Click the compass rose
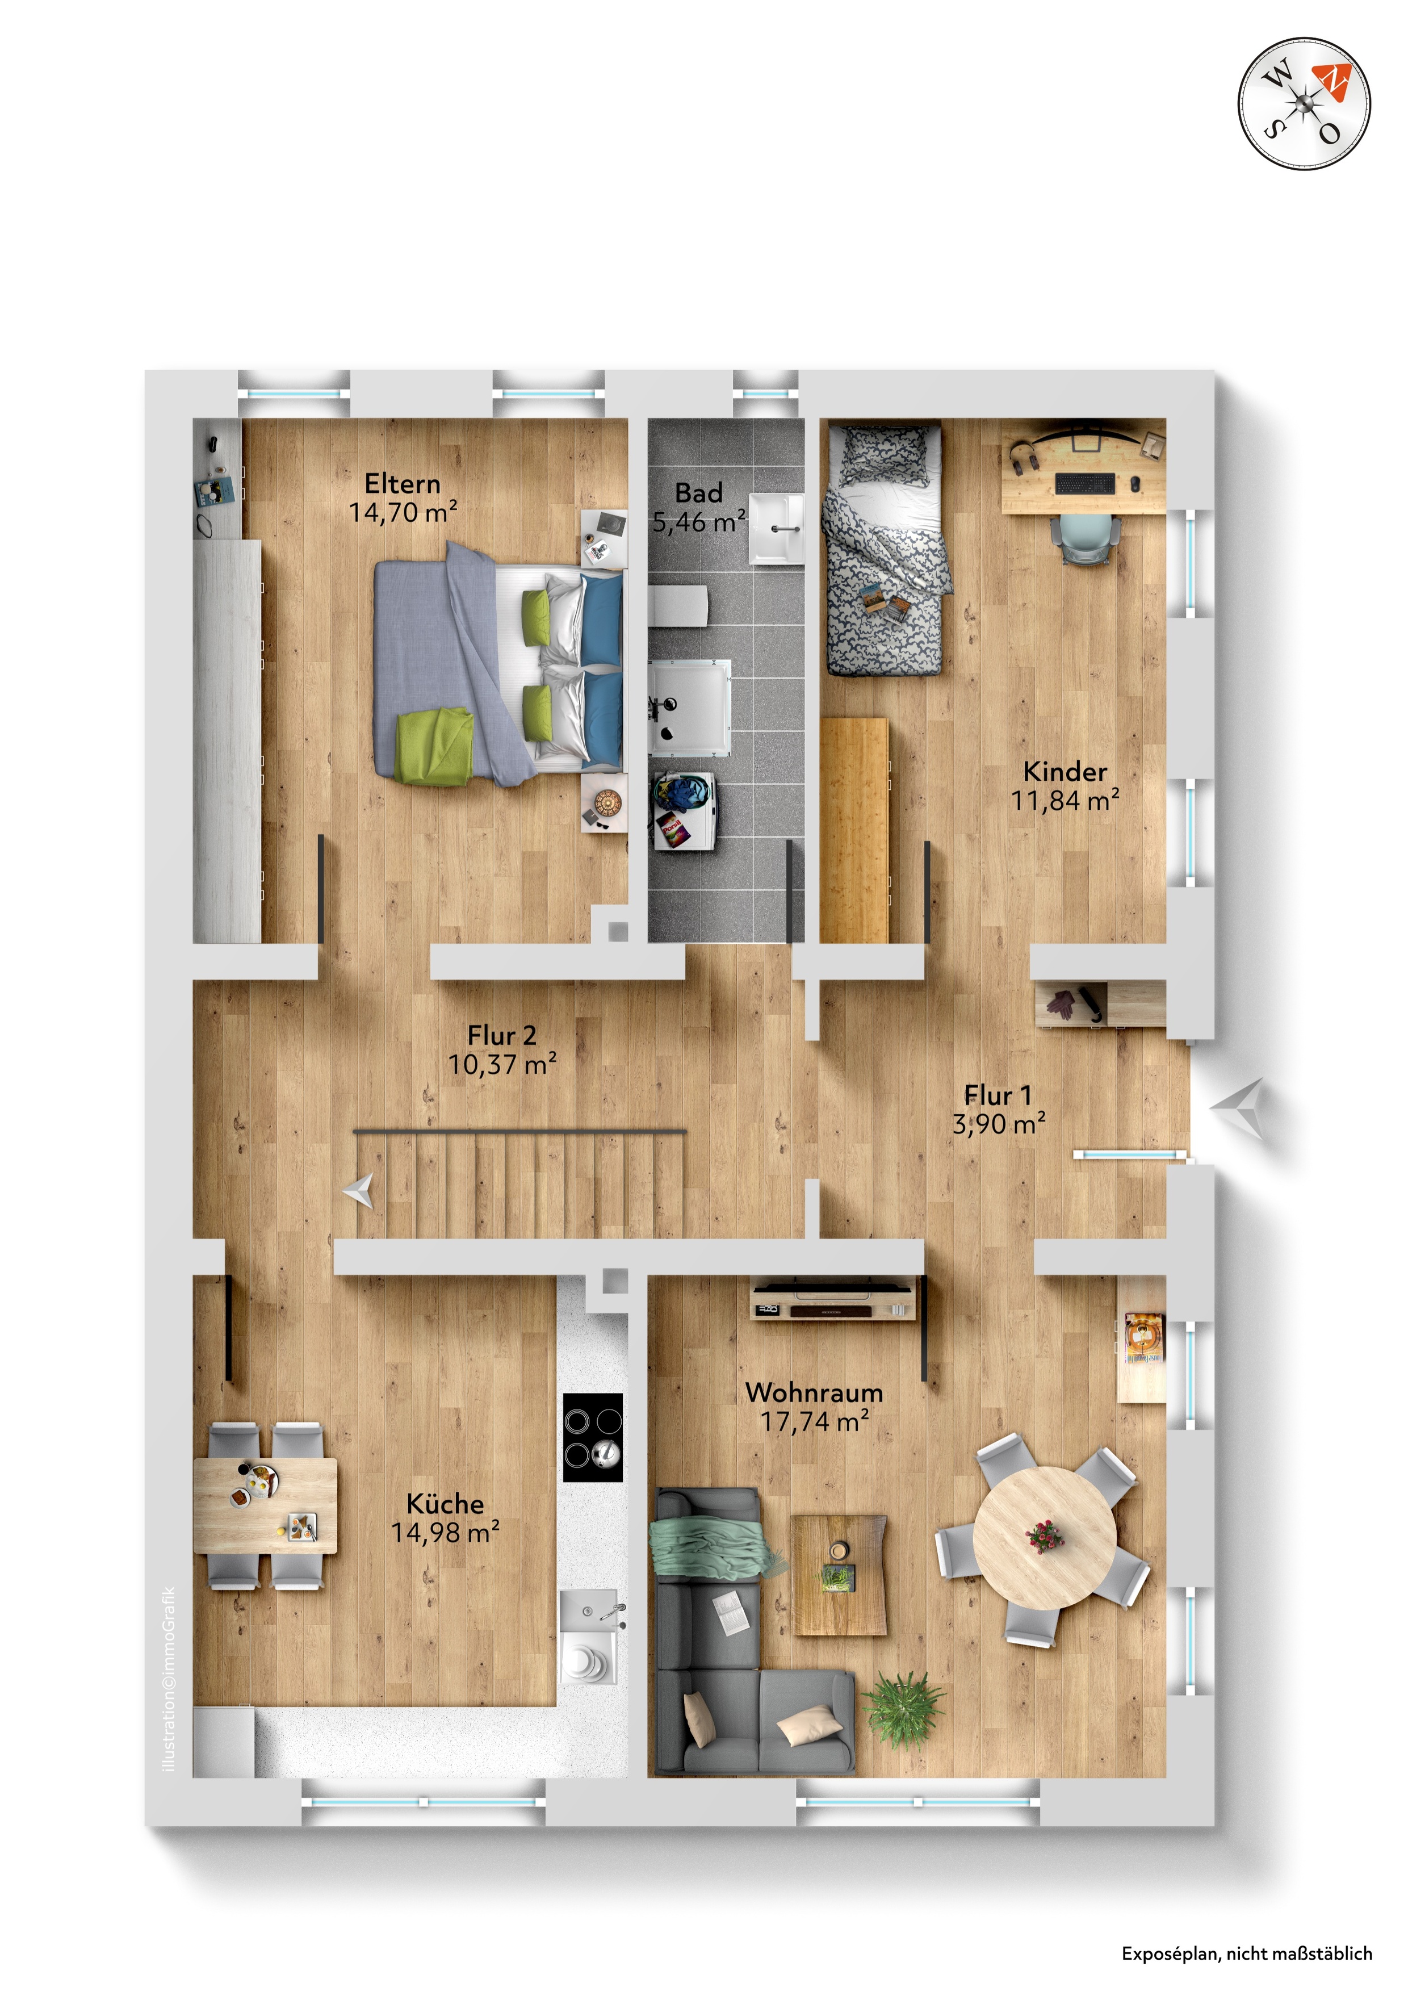click(x=1304, y=104)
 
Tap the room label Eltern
click(x=403, y=483)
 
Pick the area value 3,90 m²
click(x=999, y=1124)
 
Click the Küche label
click(x=445, y=1504)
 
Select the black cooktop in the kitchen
click(x=593, y=1437)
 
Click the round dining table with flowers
click(x=1044, y=1537)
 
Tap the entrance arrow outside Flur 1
click(x=1238, y=1108)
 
